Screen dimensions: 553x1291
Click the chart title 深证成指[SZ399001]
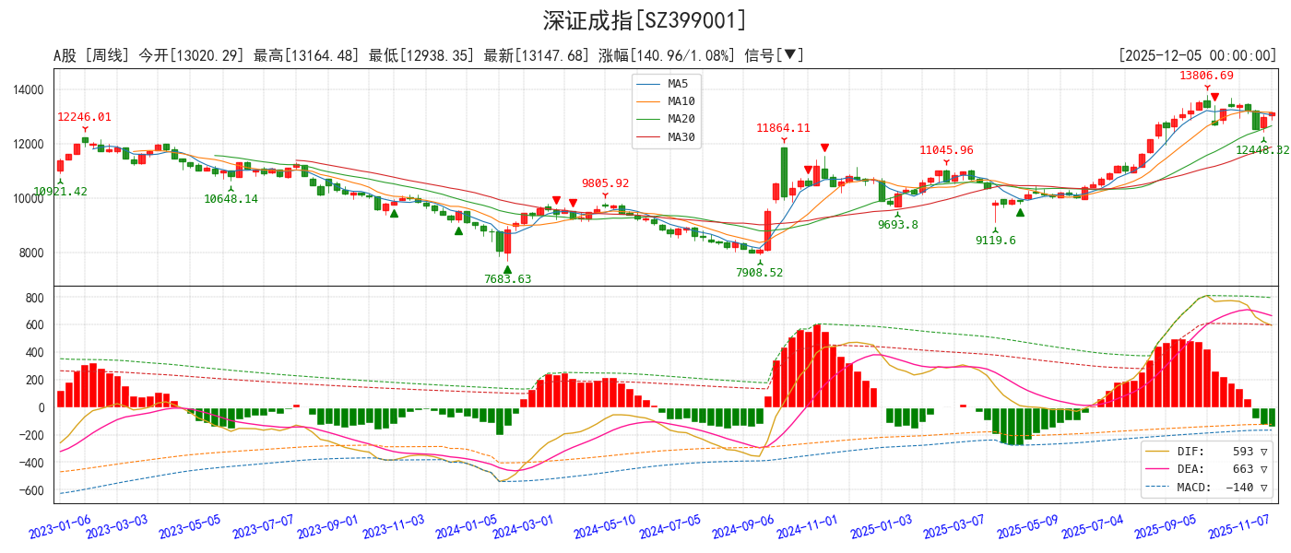coord(645,20)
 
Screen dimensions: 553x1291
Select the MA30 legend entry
coord(681,137)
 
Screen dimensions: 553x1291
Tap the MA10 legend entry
coord(681,101)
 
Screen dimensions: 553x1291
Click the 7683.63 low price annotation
coord(507,279)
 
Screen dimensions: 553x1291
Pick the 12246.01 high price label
coord(84,117)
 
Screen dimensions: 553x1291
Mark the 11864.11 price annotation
coord(783,128)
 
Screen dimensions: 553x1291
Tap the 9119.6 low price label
coord(995,241)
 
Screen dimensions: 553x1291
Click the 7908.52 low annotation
coord(759,273)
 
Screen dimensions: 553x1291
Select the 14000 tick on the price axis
coord(29,90)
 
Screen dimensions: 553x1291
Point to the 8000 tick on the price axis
coord(31,253)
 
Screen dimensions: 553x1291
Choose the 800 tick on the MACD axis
coord(35,298)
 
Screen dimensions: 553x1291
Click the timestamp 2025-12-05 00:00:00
coord(1197,56)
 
